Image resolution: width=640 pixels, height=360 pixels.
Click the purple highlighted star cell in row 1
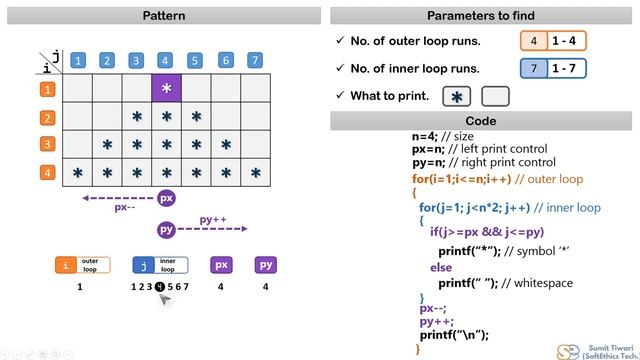(166, 89)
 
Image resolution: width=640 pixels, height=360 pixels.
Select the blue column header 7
(256, 60)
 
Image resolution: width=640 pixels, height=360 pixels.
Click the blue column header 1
(77, 60)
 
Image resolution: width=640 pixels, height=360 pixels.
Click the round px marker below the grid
(167, 198)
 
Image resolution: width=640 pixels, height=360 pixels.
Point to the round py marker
(167, 230)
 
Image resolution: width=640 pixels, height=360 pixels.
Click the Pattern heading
(164, 15)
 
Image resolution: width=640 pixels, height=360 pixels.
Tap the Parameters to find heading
(480, 15)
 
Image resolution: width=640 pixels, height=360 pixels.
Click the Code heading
(480, 121)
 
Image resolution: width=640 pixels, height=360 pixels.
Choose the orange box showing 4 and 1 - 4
(552, 41)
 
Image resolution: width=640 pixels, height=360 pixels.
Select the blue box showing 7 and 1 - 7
(552, 68)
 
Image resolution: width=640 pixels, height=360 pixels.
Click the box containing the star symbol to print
(458, 97)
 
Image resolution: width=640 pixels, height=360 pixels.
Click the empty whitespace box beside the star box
(495, 97)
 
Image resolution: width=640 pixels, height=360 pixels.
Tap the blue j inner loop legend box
(160, 265)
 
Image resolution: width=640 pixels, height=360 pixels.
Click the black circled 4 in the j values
(160, 287)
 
